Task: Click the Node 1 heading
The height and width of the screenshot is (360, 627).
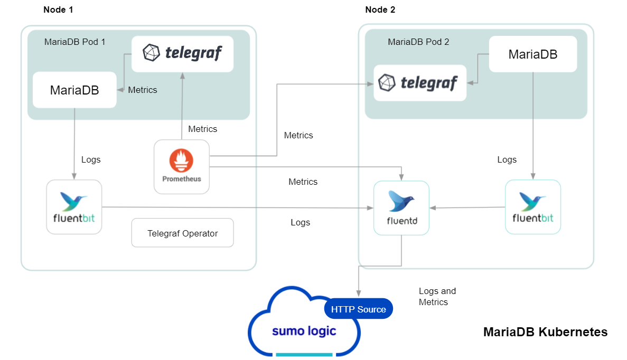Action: (x=58, y=10)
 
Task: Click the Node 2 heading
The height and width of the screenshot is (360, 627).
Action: (x=380, y=10)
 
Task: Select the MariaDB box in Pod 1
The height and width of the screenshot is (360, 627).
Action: (x=74, y=90)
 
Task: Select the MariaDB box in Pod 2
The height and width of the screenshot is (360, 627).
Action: (x=532, y=54)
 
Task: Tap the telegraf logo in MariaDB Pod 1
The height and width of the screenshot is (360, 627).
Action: (x=182, y=53)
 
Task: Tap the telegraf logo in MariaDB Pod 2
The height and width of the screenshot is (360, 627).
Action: (x=419, y=83)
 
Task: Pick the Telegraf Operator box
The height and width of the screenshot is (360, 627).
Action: (x=182, y=233)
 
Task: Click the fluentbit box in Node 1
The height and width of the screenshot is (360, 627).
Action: (x=74, y=207)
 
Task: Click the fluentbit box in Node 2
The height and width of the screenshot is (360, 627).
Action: (x=532, y=207)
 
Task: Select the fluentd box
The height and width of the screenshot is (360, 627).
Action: (x=401, y=207)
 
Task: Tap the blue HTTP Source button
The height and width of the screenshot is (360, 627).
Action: (x=358, y=309)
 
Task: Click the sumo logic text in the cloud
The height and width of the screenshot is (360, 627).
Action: (x=304, y=331)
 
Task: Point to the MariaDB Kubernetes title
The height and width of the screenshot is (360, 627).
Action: (x=545, y=332)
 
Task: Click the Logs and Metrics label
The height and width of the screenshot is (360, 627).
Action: (x=437, y=297)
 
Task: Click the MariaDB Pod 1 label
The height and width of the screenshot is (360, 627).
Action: (x=74, y=42)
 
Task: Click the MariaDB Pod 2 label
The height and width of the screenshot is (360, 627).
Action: (x=418, y=42)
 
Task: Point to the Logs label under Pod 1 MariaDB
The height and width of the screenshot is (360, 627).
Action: (x=91, y=159)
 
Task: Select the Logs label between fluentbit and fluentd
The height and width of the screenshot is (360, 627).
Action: (x=300, y=222)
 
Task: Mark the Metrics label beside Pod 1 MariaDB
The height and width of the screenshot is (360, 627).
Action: (x=143, y=90)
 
